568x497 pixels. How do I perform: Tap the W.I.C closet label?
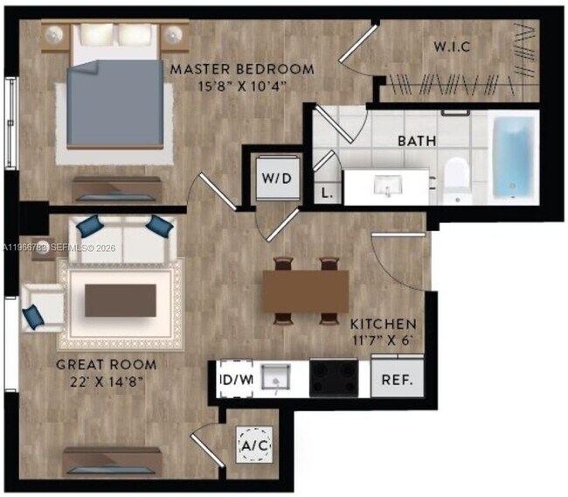(454, 45)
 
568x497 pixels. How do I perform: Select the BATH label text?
(418, 141)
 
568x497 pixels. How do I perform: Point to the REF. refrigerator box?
(398, 381)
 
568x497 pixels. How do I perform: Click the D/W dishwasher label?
(236, 381)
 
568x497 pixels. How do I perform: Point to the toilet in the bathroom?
(457, 178)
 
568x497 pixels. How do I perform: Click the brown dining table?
(306, 289)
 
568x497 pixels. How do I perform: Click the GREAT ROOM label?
(106, 365)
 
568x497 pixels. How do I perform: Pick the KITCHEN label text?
(383, 323)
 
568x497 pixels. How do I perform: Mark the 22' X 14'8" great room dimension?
(107, 381)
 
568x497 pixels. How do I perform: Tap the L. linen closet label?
(326, 193)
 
